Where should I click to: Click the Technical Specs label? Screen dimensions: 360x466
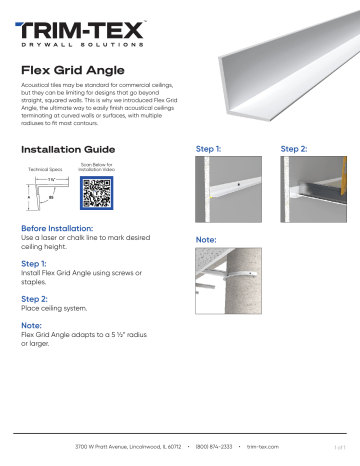coord(43,171)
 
